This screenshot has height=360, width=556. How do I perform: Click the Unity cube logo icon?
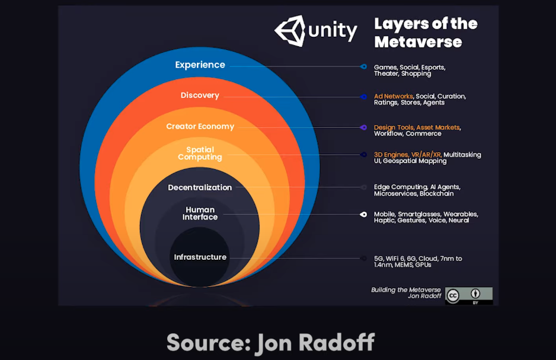click(289, 30)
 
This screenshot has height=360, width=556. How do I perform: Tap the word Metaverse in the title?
click(418, 42)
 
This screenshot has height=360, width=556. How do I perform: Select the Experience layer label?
click(200, 65)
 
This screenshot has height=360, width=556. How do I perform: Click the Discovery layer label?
click(200, 95)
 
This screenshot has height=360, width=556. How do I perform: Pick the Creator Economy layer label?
click(200, 126)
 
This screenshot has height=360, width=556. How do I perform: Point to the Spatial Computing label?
click(200, 154)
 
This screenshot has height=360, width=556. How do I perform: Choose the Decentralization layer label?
click(200, 187)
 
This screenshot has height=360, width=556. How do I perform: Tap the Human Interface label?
click(200, 214)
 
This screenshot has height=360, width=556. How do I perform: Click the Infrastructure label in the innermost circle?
click(200, 257)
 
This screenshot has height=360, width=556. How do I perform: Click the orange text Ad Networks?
click(393, 96)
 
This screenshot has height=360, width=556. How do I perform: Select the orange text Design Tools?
click(394, 128)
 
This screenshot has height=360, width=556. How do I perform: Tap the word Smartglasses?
click(419, 214)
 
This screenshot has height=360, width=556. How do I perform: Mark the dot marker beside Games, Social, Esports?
click(363, 66)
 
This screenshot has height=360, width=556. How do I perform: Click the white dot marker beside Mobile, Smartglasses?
click(363, 214)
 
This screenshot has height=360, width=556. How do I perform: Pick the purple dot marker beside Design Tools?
click(363, 128)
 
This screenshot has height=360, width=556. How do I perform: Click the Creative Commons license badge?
click(468, 295)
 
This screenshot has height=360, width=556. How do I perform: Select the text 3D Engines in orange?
click(391, 155)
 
